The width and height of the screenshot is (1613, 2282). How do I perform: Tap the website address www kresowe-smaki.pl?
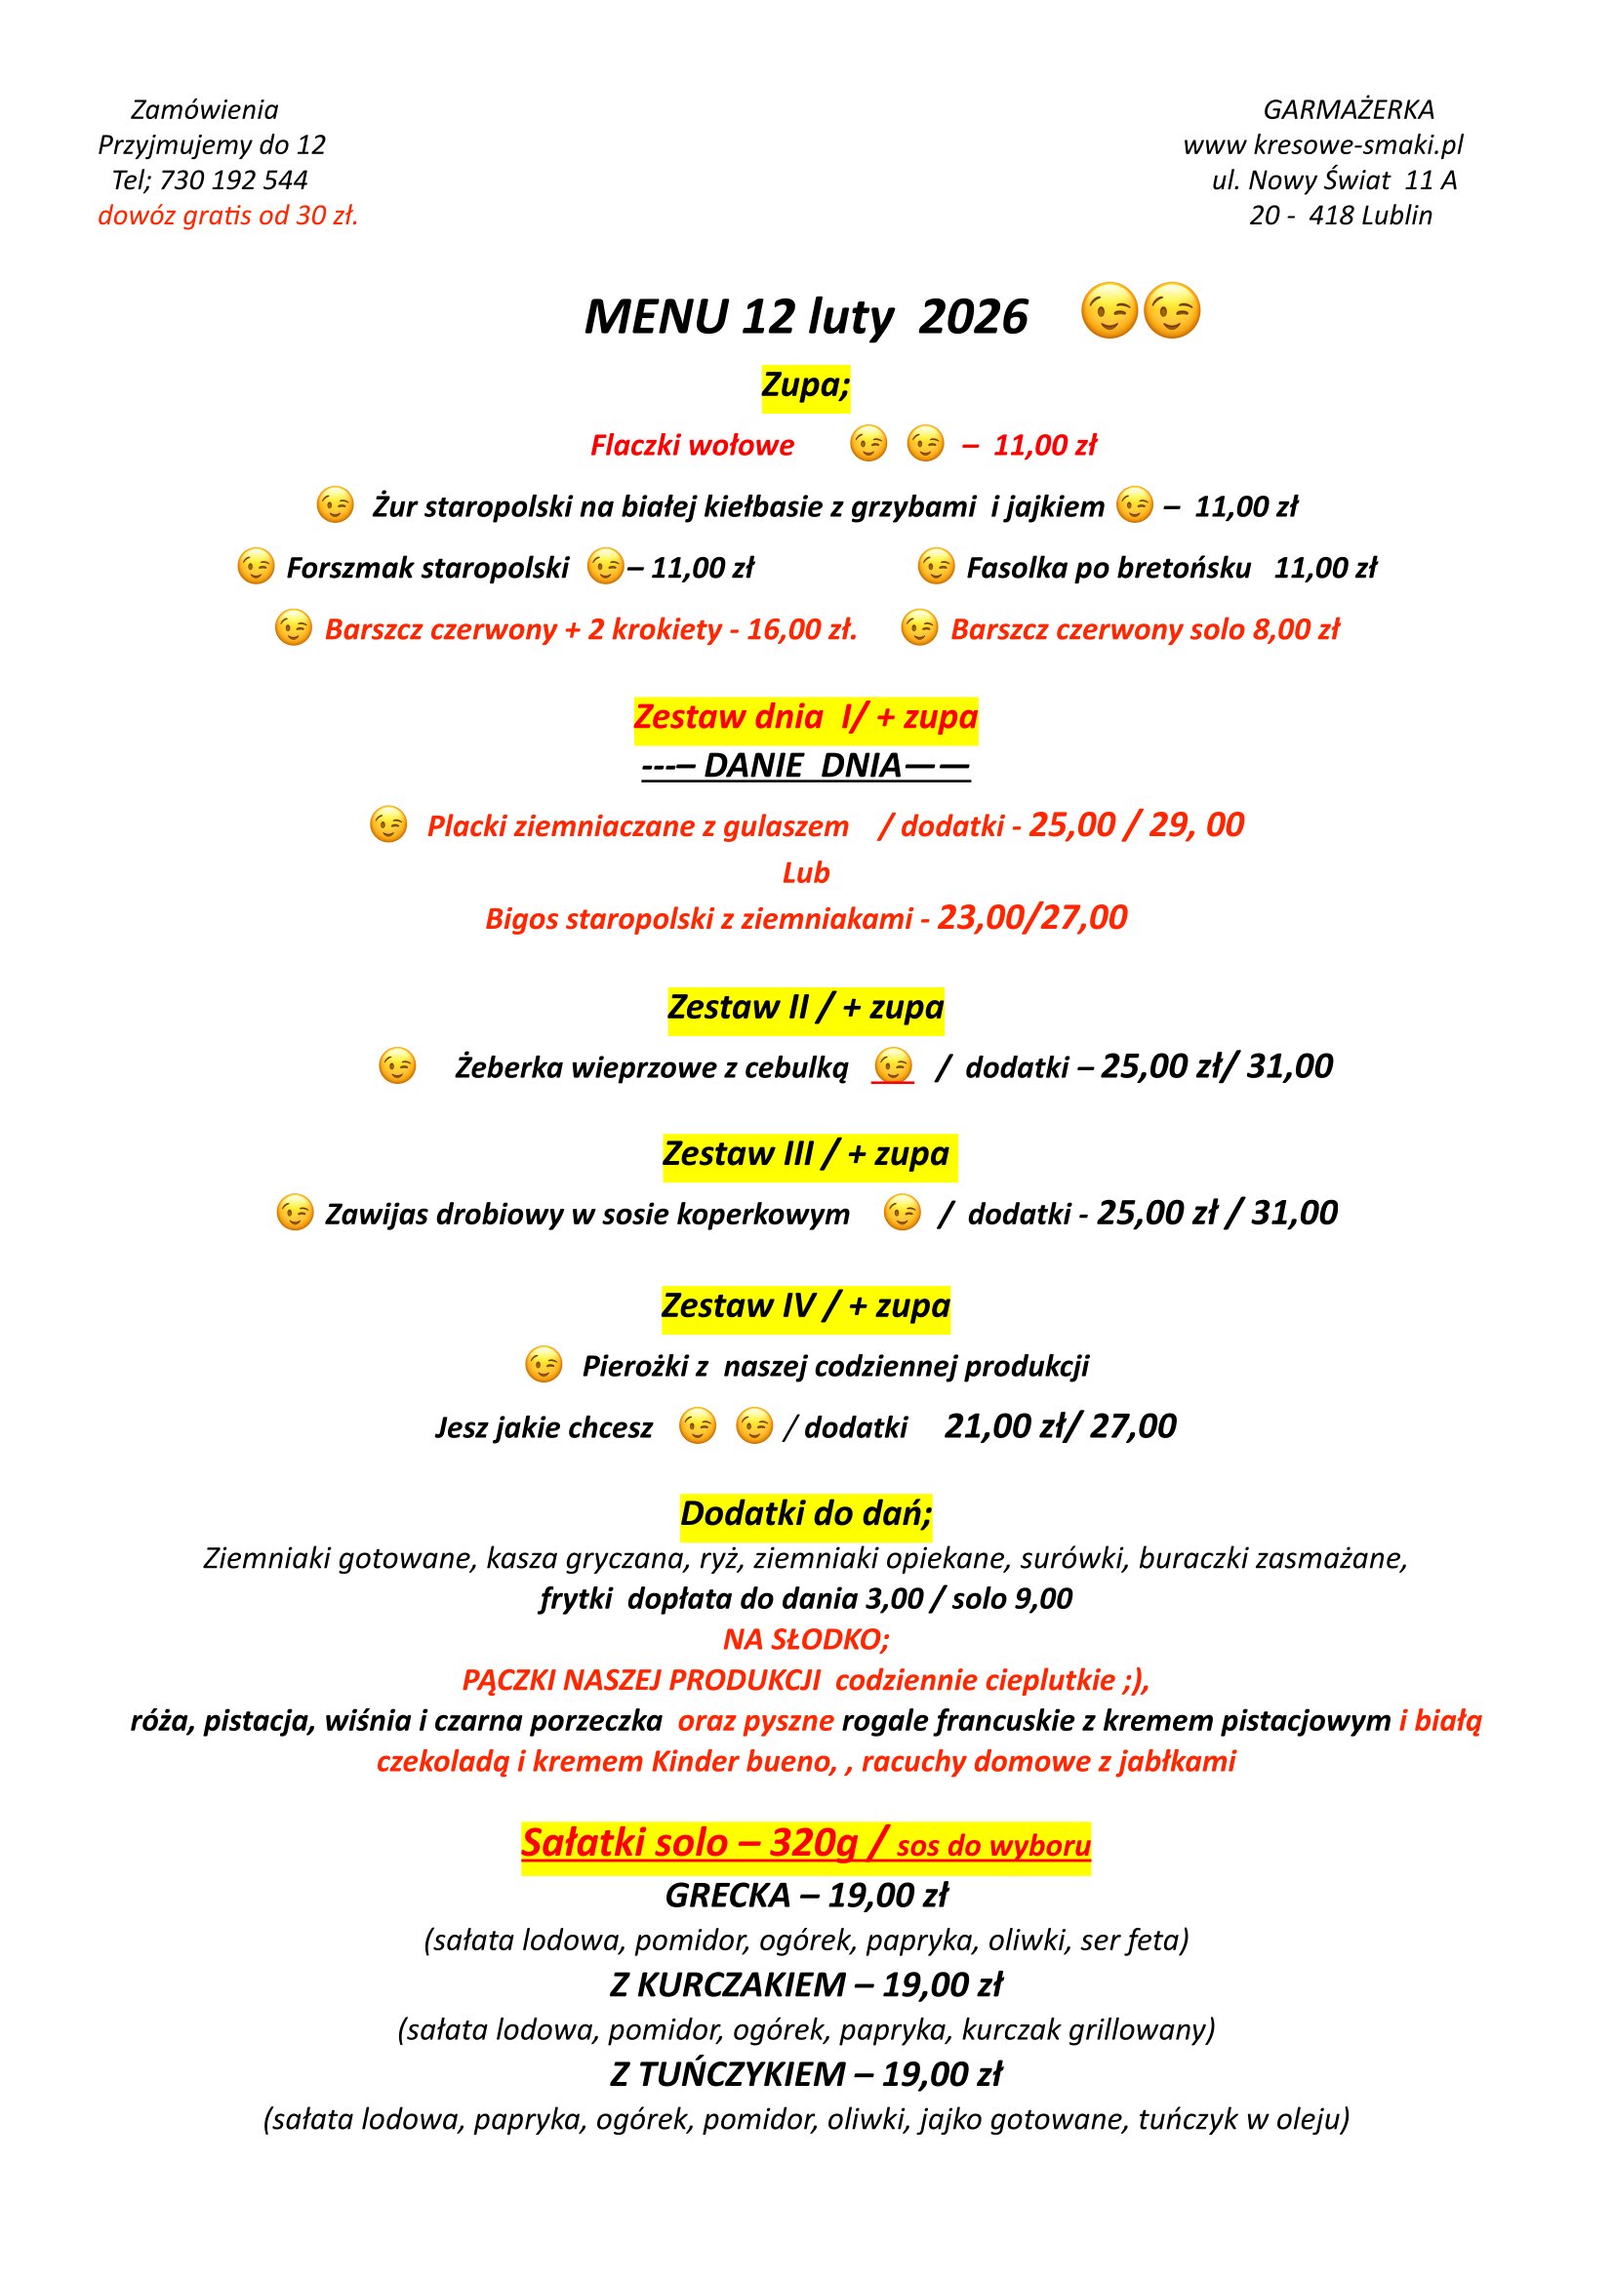1323,145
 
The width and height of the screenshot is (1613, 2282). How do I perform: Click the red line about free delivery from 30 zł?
227,216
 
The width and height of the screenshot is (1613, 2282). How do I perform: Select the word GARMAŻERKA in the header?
1348,109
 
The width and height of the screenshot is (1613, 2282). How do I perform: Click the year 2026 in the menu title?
972,318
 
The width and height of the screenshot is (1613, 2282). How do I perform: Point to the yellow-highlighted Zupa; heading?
805,384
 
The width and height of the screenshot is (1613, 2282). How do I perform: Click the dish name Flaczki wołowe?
692,445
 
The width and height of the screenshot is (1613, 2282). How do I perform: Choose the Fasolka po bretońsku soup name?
1109,568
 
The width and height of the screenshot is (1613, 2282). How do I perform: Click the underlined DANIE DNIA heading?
805,765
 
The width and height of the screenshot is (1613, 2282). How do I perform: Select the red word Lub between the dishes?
805,872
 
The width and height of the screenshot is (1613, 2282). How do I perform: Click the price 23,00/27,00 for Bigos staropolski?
1031,917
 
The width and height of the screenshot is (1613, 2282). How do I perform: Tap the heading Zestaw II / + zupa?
805,1007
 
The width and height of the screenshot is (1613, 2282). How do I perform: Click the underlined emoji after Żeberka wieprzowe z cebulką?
893,1066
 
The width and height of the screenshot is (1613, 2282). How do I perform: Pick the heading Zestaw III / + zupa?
805,1154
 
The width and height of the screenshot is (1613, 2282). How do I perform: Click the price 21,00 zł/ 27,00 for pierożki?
1060,1426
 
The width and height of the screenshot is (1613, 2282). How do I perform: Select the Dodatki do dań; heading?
805,1514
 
